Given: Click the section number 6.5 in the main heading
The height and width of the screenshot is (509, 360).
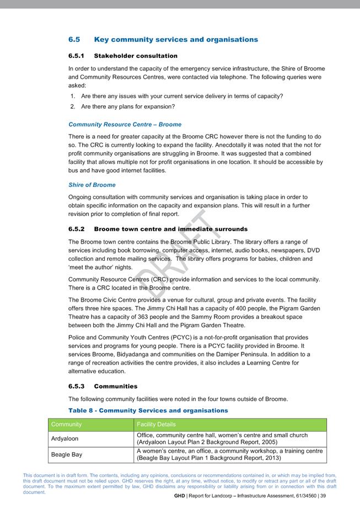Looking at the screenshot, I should [74, 40].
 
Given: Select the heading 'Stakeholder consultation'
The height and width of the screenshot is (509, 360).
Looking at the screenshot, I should [136, 56].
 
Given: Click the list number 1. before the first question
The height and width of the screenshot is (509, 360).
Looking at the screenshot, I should [73, 96].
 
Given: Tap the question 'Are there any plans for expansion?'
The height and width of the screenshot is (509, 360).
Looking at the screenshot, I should [128, 106].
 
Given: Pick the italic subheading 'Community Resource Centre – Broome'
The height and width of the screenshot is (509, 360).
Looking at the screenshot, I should [125, 125].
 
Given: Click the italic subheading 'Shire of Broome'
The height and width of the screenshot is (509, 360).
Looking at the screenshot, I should [92, 185].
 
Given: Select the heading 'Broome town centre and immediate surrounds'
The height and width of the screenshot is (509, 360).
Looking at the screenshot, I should [171, 229].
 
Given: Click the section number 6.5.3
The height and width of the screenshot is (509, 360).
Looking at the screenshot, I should [78, 386].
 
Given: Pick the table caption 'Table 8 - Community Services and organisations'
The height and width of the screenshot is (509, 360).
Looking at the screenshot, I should [148, 410].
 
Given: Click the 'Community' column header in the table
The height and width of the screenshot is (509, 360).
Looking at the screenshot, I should [66, 424].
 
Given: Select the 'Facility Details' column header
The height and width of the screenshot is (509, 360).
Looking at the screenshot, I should [156, 424].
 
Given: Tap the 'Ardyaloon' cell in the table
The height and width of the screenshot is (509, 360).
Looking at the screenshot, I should [65, 439].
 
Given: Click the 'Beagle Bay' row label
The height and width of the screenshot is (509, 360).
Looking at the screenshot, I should [66, 455].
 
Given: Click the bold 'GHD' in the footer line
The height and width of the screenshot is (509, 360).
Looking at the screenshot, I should [180, 496].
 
